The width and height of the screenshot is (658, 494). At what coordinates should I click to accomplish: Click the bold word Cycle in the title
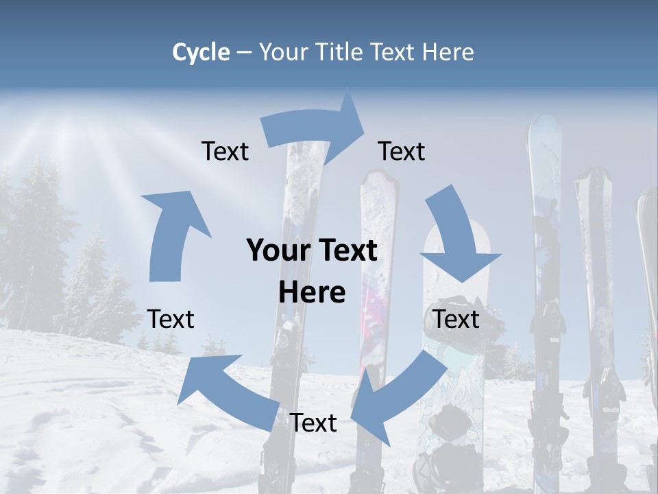(201, 52)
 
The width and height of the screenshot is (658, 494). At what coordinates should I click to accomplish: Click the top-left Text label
(225, 152)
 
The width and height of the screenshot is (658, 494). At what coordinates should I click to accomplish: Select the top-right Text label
(402, 152)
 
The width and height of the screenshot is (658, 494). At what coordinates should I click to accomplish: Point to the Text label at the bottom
(313, 423)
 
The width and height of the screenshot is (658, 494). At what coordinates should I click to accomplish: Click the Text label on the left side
(171, 320)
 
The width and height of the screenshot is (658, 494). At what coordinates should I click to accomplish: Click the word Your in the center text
(272, 251)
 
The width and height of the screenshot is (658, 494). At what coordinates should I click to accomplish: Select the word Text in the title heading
(395, 52)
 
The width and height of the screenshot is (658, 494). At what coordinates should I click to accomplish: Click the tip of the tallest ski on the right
(546, 123)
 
